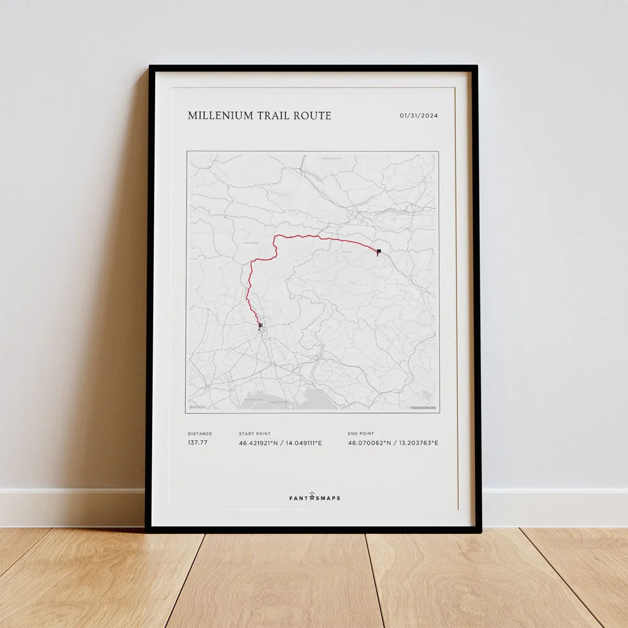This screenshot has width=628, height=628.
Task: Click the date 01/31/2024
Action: click(419, 116)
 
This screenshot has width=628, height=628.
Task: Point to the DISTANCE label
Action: click(200, 433)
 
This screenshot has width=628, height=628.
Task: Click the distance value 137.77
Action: click(197, 443)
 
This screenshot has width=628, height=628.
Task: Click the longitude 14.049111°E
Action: click(304, 443)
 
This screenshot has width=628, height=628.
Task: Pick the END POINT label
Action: click(360, 433)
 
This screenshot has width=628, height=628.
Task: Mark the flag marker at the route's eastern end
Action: click(378, 252)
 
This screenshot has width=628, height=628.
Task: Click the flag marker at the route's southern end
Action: click(260, 326)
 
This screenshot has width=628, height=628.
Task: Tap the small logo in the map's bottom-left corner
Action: click(197, 408)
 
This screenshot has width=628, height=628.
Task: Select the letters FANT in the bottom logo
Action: click(298, 498)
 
